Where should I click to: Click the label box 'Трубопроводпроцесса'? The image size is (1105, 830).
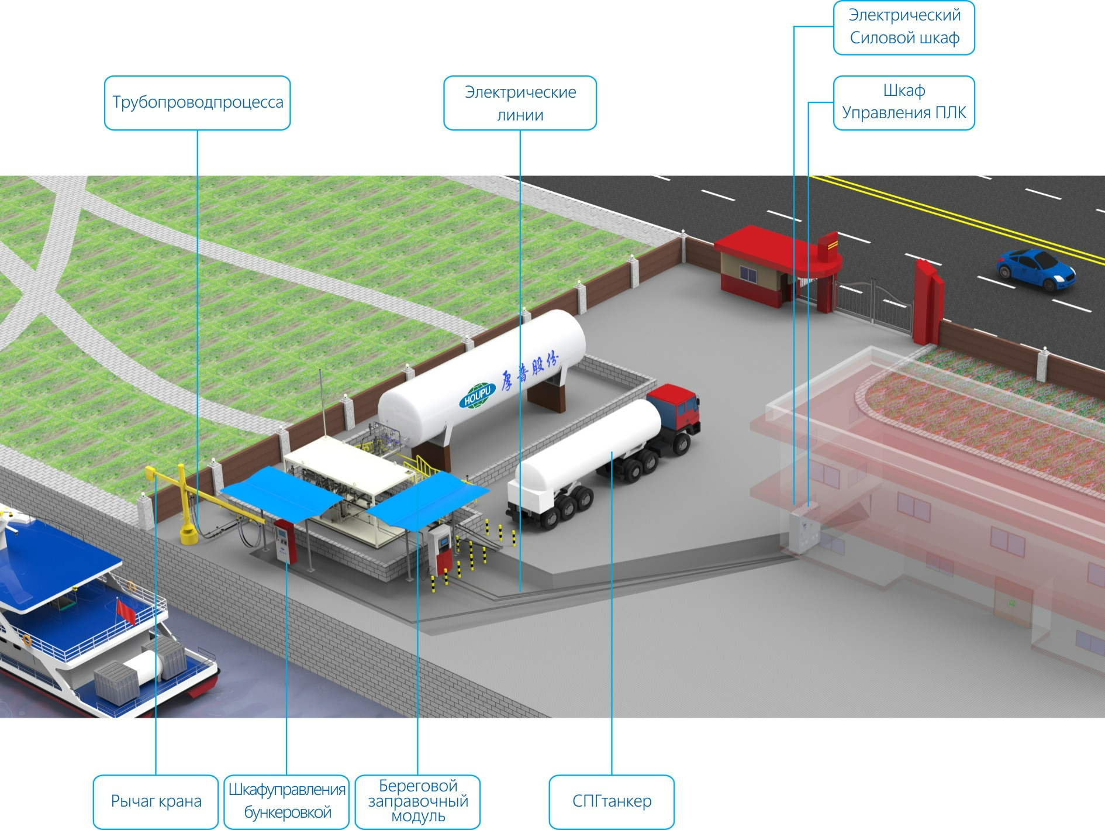197,102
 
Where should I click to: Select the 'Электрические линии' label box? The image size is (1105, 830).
520,102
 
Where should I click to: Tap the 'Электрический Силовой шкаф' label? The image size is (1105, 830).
903,27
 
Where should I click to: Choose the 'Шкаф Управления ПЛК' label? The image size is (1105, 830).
903,102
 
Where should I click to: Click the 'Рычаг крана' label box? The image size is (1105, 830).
156,801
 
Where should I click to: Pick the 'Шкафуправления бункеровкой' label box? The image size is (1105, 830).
286,801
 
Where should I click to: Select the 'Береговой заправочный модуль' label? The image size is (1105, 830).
417,801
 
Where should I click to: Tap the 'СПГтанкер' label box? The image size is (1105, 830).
612,801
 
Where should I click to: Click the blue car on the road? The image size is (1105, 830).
1035,268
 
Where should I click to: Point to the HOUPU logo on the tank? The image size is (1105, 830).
477,396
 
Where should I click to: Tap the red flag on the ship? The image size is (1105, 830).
126,611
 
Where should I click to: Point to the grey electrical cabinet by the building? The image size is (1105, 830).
803,529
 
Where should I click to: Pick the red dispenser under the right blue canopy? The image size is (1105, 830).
441,550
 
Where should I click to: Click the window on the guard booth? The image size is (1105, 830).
748,274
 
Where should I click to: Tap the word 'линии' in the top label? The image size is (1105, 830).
520,115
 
